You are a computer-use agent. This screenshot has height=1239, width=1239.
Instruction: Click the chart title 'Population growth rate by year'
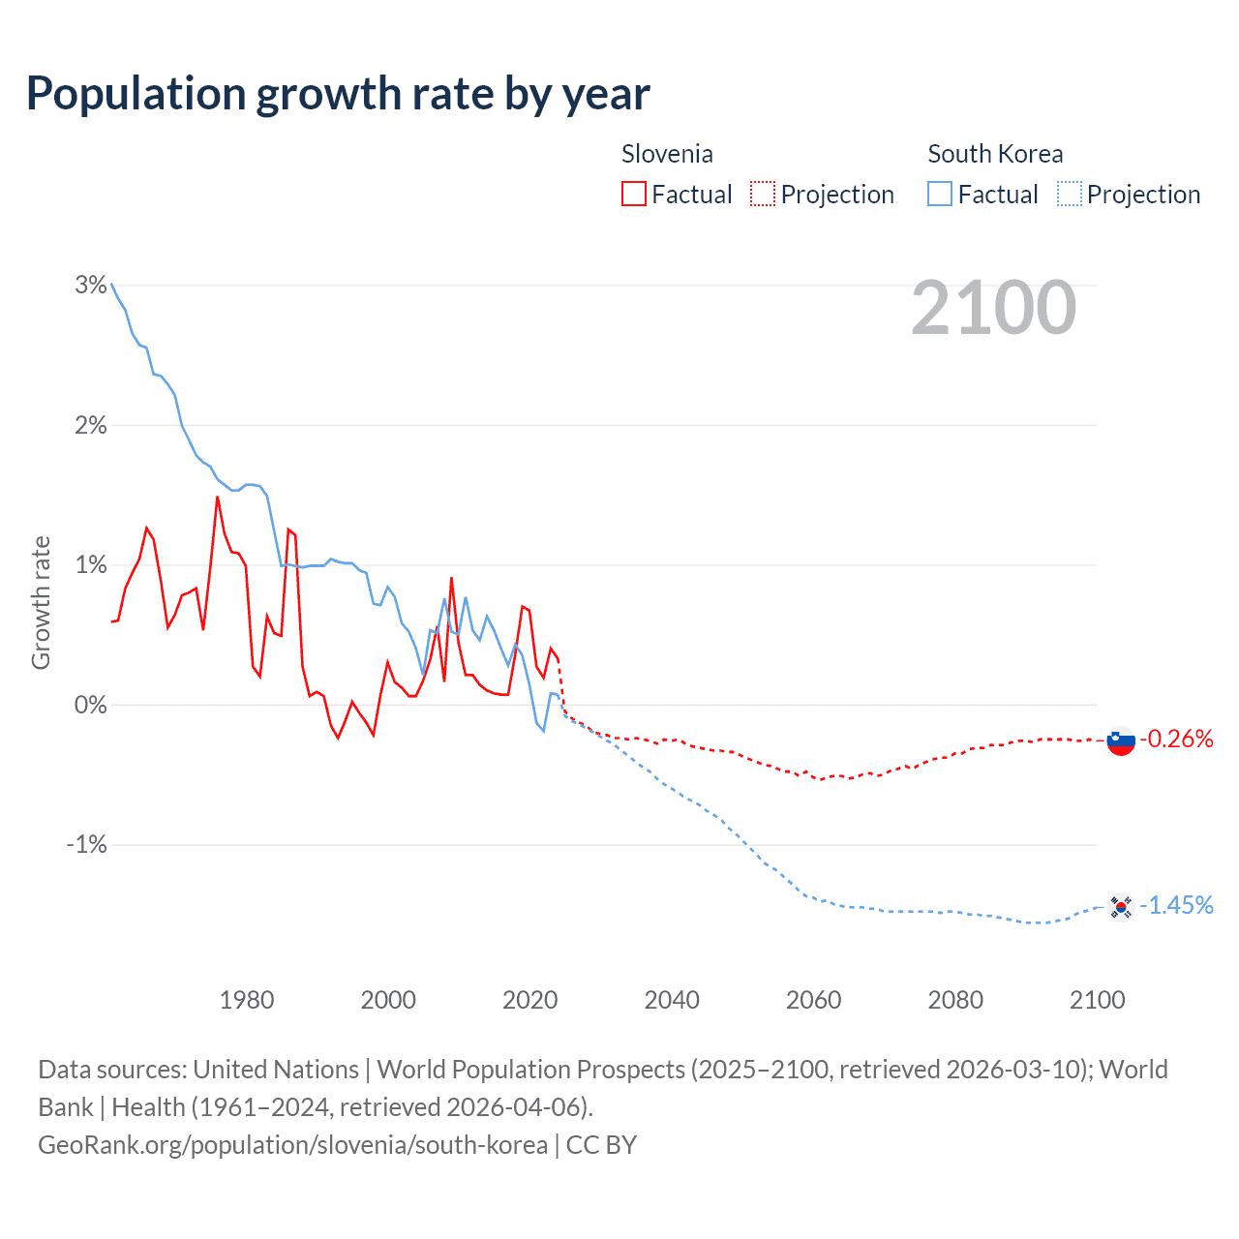tap(338, 94)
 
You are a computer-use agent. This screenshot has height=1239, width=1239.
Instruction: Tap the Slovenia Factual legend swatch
tap(633, 195)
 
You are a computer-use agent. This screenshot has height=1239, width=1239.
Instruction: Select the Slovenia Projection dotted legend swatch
tap(763, 195)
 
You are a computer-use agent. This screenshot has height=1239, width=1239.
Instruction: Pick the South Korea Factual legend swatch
tap(940, 195)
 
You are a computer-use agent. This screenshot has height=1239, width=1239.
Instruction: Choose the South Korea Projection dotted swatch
tap(1070, 195)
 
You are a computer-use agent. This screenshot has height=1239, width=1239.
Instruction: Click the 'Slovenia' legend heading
tap(667, 154)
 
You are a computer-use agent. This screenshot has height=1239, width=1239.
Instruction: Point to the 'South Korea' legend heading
tap(995, 154)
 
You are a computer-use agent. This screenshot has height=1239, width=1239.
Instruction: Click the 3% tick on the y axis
tap(90, 285)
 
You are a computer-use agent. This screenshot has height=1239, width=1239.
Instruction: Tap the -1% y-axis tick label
tap(86, 844)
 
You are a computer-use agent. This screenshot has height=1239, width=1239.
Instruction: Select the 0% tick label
tap(90, 705)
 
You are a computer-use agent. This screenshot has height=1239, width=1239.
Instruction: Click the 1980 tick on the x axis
tap(247, 1000)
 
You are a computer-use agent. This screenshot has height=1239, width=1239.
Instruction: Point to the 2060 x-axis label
tap(813, 1000)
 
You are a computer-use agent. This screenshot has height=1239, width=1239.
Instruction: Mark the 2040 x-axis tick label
tap(672, 1000)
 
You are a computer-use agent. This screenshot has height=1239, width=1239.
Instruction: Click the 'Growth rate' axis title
tap(41, 602)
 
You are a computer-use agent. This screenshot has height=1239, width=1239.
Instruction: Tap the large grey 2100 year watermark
tap(993, 308)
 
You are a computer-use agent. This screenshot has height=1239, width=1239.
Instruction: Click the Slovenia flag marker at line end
tap(1121, 740)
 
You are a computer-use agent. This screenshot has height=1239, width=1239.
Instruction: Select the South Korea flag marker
tap(1121, 907)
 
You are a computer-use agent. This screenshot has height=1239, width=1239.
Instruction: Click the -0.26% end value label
tap(1176, 740)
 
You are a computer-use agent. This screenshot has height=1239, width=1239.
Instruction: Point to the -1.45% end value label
tap(1176, 906)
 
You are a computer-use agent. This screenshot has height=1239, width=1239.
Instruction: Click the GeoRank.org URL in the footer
tap(292, 1145)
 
